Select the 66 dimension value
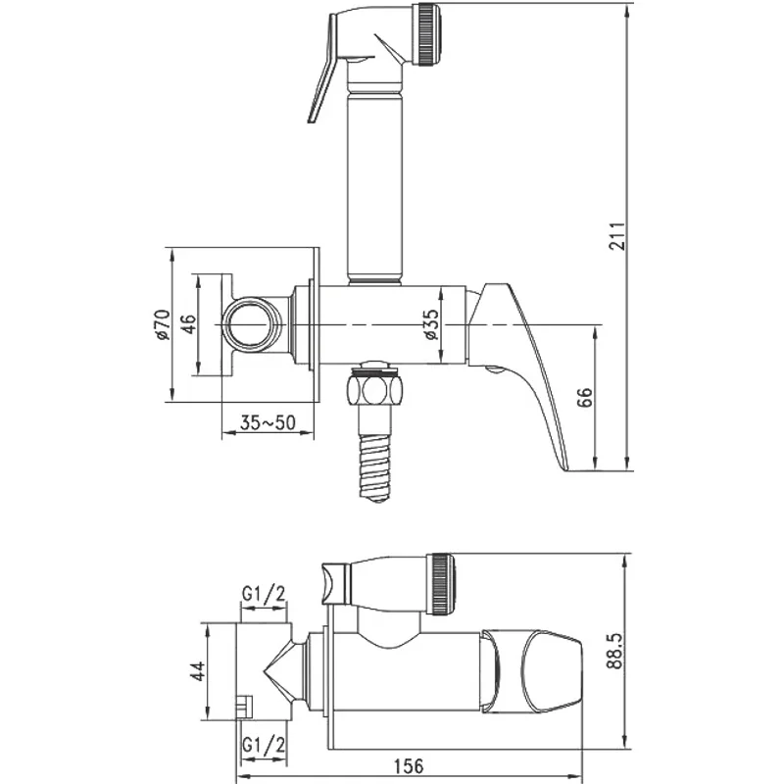(584, 397)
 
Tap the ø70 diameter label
(164, 323)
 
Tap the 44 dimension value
(196, 672)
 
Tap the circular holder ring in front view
(252, 324)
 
